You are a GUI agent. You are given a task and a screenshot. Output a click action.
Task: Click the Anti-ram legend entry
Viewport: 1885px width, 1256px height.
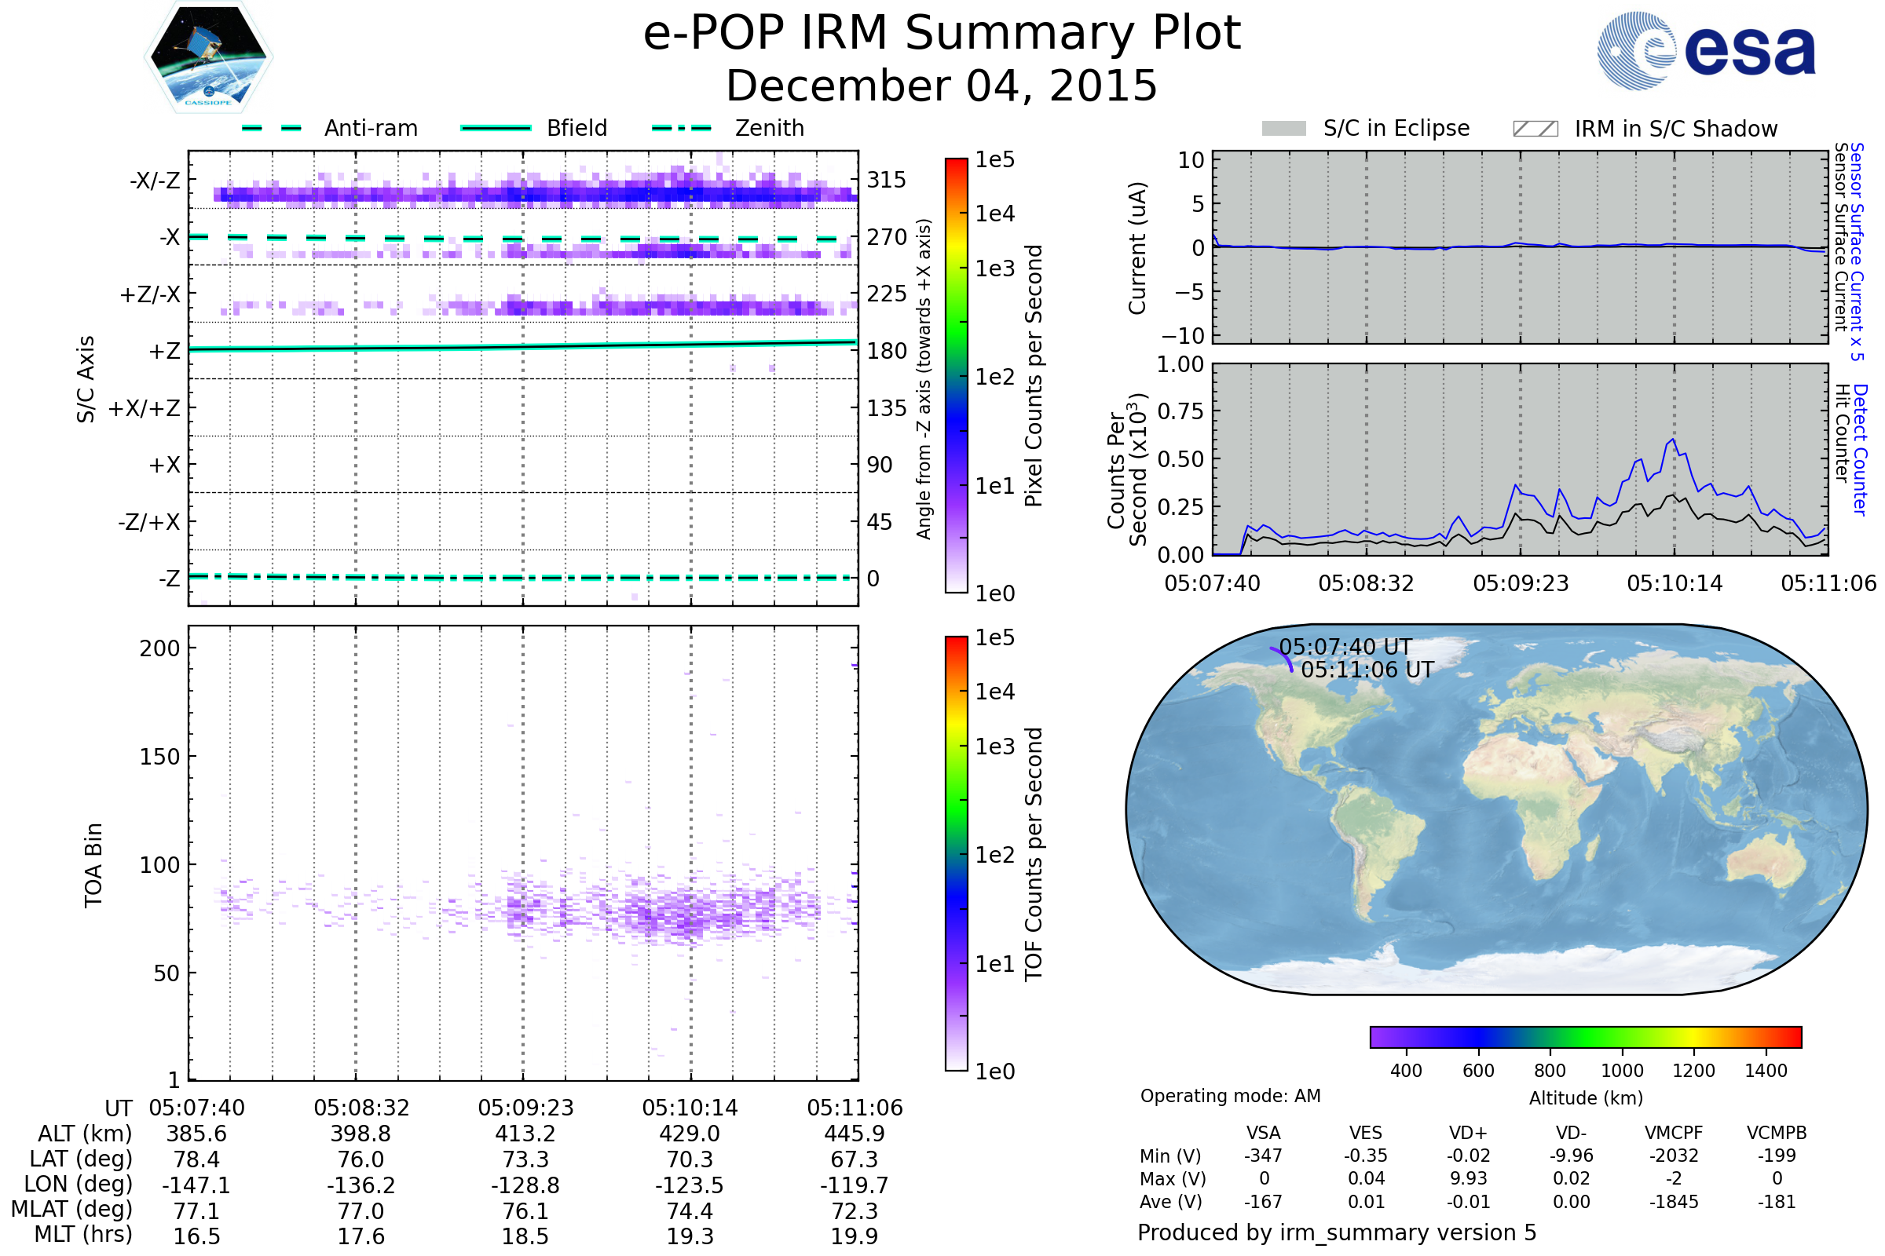(x=370, y=128)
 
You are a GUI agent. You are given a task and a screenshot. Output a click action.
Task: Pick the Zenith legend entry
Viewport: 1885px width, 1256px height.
(x=769, y=128)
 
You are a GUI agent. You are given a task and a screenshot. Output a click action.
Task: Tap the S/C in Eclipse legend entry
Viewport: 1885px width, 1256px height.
(x=1396, y=128)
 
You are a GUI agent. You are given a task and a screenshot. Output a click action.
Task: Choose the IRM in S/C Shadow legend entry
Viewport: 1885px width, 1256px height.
(x=1675, y=129)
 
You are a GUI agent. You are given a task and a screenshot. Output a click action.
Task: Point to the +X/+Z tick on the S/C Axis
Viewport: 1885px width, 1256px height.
(x=145, y=408)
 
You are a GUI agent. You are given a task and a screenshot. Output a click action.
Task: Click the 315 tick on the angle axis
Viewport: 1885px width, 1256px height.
(x=886, y=181)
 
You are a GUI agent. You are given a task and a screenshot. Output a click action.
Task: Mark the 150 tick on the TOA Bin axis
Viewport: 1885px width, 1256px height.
(x=159, y=757)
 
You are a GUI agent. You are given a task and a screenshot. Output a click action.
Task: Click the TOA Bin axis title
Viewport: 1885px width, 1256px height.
(x=93, y=865)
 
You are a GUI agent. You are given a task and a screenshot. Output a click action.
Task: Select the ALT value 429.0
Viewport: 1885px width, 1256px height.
(x=690, y=1134)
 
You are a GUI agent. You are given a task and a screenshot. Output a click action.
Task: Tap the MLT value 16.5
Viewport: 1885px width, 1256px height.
(x=196, y=1236)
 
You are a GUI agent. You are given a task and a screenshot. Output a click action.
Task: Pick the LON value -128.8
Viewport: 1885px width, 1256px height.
(x=525, y=1185)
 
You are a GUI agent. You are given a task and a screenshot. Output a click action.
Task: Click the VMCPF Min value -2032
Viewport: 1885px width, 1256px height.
(x=1674, y=1156)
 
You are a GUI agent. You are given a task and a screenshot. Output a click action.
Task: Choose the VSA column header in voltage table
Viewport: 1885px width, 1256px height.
(x=1263, y=1134)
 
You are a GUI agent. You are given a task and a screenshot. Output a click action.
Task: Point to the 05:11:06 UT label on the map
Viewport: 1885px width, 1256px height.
(x=1367, y=670)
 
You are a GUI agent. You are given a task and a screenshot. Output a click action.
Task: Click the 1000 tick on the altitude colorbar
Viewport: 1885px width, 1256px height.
(x=1621, y=1071)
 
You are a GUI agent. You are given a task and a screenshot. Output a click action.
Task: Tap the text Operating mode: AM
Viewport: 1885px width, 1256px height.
(x=1229, y=1096)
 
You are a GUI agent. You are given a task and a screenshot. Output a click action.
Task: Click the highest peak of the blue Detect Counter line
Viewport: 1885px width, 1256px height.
(x=1673, y=440)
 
